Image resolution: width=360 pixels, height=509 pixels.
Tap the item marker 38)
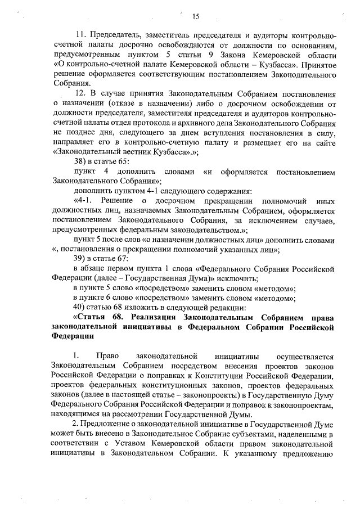coord(80,161)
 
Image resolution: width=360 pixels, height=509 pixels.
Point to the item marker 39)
coord(80,258)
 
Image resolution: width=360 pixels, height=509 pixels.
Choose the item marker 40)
coord(80,307)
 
